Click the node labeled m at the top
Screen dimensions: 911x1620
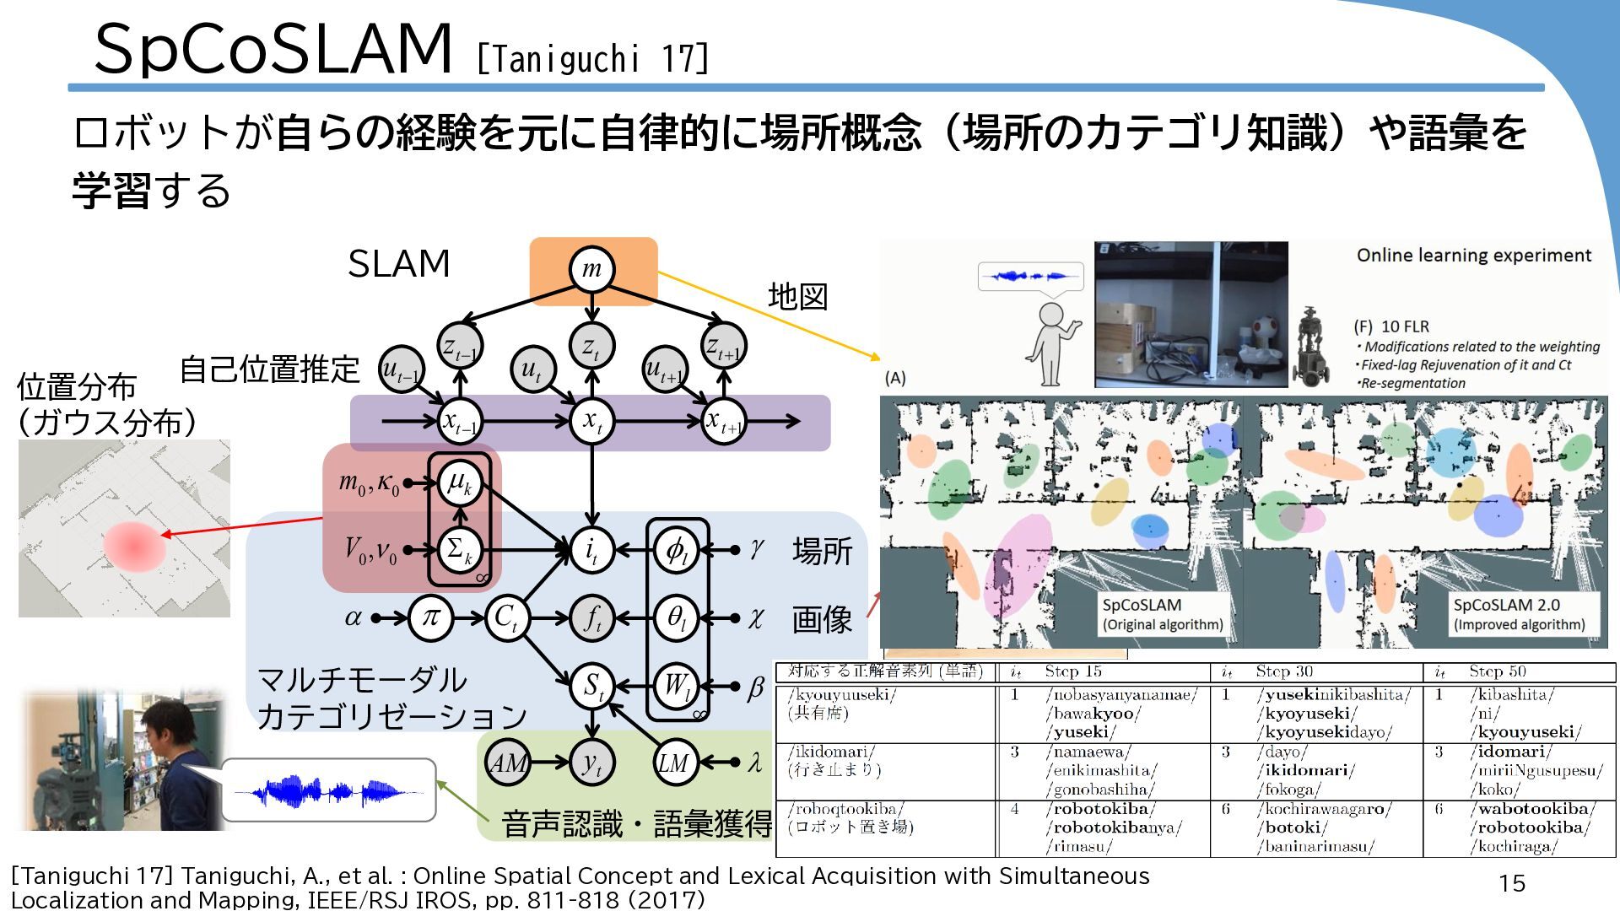[591, 269]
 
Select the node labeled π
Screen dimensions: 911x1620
[430, 618]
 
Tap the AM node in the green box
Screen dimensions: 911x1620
[508, 763]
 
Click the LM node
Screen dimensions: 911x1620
[675, 763]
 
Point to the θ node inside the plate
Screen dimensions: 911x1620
[677, 618]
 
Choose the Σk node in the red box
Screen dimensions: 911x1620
[460, 550]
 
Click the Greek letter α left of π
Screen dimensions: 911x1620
[354, 618]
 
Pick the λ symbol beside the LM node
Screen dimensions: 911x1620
[755, 763]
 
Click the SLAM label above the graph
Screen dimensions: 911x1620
[398, 264]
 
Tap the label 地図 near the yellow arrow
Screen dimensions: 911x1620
[797, 297]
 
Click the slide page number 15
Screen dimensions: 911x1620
[1512, 883]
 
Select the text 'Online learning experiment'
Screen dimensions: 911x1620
[1473, 256]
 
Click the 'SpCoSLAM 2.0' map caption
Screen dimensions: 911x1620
[1506, 605]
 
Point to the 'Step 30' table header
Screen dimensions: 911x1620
[1284, 671]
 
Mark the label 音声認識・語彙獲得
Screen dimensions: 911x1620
[637, 824]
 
